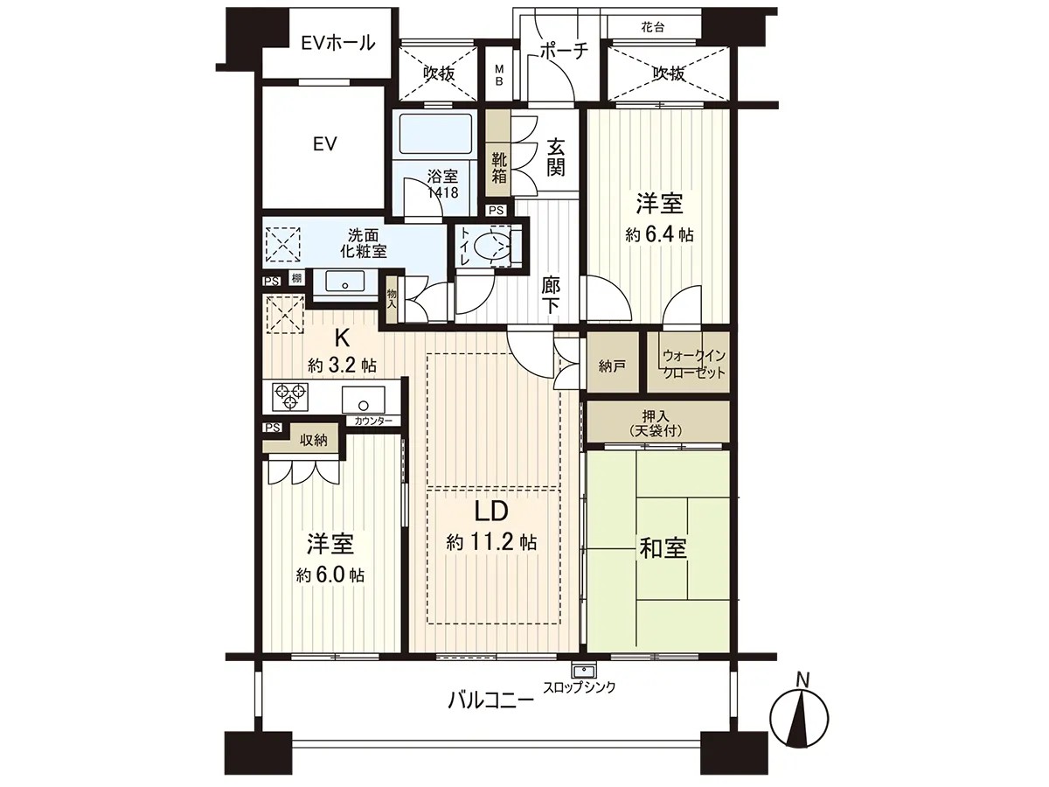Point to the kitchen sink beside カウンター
[361, 400]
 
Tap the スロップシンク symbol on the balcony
[580, 671]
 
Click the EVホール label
[337, 43]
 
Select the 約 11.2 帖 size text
[491, 542]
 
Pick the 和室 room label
[663, 549]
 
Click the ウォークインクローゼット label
[694, 364]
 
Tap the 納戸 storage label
[612, 366]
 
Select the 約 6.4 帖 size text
[660, 234]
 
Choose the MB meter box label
[500, 75]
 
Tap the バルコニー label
[490, 700]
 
